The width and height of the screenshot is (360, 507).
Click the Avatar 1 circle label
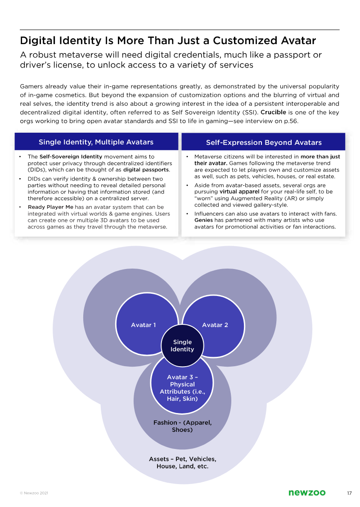tap(143, 325)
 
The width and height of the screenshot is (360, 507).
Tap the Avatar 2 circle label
tap(215, 325)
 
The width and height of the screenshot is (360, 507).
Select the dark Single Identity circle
tap(182, 345)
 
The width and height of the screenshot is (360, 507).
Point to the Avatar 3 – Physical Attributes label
tap(182, 388)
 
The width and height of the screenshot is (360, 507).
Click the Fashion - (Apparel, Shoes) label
tap(182, 426)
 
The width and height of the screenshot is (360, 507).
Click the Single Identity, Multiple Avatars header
tap(96, 142)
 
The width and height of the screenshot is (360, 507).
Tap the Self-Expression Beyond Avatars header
tap(264, 143)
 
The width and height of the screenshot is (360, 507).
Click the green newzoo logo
tap(307, 493)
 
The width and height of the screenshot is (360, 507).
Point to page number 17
tap(349, 493)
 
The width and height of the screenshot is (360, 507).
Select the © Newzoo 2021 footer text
tap(34, 494)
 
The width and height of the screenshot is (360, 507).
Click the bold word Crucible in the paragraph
tap(273, 112)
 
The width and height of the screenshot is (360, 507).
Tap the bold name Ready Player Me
tap(50, 207)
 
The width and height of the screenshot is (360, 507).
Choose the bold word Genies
tap(204, 220)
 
